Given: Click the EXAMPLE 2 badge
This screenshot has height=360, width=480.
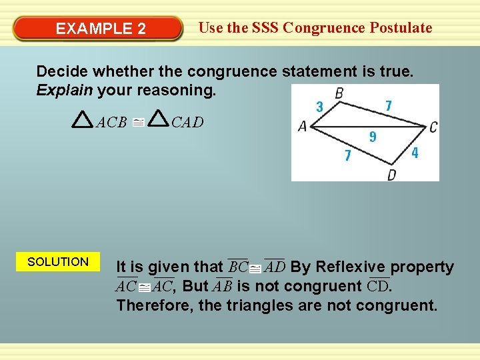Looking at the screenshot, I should pos(101,29).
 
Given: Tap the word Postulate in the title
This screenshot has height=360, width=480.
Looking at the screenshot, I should pos(400,28).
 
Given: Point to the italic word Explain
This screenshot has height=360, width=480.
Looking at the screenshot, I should pos(64,90).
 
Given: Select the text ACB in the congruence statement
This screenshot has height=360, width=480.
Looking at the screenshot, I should pos(112,122).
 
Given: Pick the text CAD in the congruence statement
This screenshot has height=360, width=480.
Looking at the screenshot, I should pos(187,122).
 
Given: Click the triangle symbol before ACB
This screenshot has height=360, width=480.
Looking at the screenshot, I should pos(82,120).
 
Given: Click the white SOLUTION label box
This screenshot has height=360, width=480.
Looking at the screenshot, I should pos(58,262).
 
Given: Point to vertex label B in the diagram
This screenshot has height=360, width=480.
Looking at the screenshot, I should pos(339,93).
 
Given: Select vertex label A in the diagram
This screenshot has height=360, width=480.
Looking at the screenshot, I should pos(302,126).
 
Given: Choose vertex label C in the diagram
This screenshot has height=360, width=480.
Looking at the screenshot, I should pos(433,127).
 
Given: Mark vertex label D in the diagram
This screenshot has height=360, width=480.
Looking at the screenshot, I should pos(392,175).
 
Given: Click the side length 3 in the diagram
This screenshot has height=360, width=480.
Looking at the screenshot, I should pos(319,106).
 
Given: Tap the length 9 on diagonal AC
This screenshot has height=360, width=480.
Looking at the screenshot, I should pos(373,137).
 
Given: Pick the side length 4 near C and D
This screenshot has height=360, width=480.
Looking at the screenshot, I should pos(415,153).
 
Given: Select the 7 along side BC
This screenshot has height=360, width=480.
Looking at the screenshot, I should pos(388,105).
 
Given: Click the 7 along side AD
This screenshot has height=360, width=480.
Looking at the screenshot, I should pos(347,156).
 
